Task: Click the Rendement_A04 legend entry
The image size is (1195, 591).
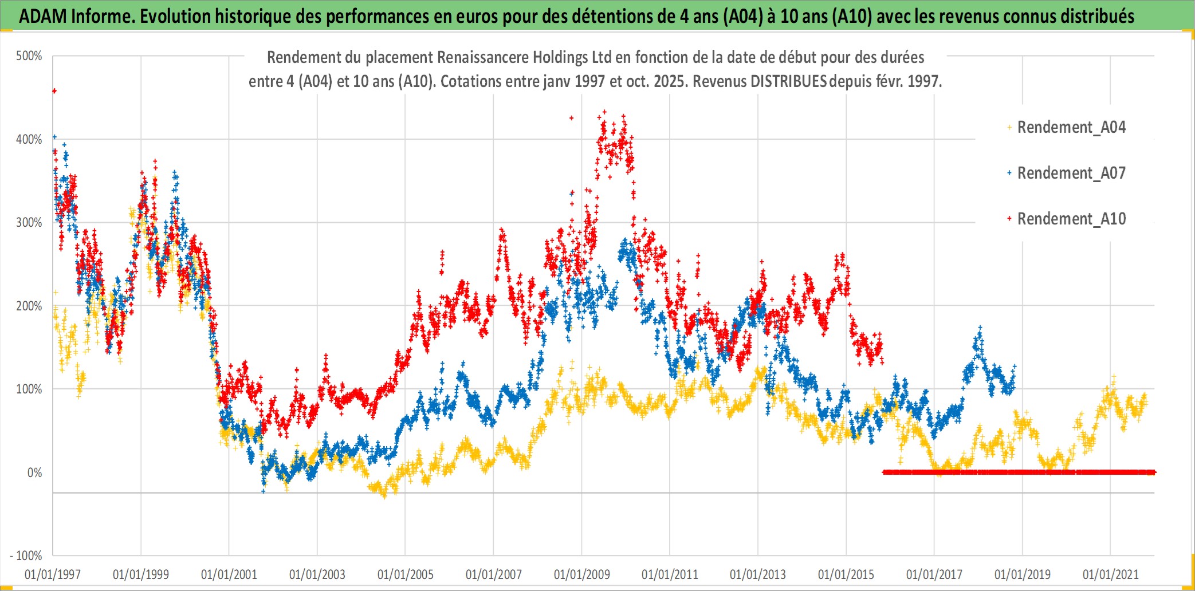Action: click(1071, 127)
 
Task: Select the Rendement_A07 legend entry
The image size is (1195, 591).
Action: click(1071, 173)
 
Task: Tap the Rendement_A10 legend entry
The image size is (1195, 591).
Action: click(1071, 219)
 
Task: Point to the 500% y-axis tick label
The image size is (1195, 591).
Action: click(29, 56)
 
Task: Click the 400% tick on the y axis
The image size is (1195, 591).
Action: click(29, 139)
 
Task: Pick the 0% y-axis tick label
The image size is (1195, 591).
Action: click(34, 472)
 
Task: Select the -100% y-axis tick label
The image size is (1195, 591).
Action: click(26, 555)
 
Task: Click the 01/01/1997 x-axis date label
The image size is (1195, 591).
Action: click(53, 574)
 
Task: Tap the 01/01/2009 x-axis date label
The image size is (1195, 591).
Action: click(581, 574)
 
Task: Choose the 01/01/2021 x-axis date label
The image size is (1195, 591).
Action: click(1110, 574)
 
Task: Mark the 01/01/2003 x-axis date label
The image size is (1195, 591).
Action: click(317, 574)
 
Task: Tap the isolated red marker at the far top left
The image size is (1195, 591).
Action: click(54, 90)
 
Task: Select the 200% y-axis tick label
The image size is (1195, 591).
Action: click(29, 306)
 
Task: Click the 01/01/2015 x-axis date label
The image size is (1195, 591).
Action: click(846, 574)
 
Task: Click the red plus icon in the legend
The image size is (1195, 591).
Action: click(1009, 219)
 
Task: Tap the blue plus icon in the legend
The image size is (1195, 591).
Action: click(1009, 173)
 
